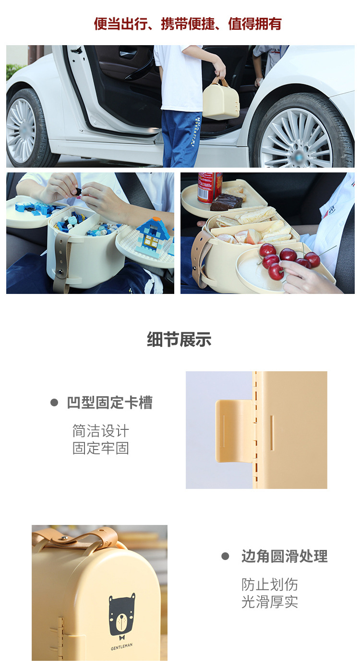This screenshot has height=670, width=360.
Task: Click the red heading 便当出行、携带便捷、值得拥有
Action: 187,24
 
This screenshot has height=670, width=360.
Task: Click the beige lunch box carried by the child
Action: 220,99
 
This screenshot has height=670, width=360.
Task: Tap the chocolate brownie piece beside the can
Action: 227,202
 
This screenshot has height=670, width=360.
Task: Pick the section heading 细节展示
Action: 179,340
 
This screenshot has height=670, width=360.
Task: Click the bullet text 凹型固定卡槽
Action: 109,402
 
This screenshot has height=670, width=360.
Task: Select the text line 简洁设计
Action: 100,431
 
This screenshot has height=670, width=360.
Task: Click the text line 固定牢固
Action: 100,449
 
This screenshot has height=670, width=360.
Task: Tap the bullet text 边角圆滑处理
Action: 284,556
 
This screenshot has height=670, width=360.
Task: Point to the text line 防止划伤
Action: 269,585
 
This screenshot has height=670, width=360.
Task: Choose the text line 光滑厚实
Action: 269,602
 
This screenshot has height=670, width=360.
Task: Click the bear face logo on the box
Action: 121,615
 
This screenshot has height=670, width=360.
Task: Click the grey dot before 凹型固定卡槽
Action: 54,402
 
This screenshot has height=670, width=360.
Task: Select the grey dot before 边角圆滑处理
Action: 225,556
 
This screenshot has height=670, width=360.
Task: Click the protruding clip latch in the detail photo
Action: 234,430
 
